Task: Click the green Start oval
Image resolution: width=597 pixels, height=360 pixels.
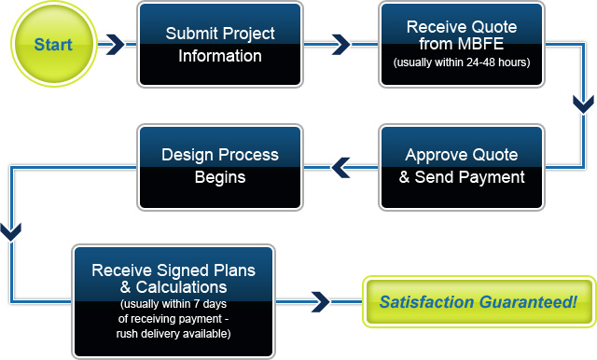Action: click(54, 44)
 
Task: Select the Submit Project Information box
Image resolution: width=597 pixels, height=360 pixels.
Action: click(220, 44)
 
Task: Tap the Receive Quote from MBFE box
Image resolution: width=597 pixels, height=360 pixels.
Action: click(462, 44)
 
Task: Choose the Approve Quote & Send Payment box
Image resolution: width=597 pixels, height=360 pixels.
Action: click(462, 166)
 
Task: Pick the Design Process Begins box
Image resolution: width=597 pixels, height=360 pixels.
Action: click(220, 166)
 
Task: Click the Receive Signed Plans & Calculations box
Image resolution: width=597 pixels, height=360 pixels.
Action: click(174, 298)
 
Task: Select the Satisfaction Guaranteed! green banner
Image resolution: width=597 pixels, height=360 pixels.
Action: click(478, 302)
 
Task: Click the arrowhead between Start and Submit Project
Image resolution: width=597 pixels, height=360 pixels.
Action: click(114, 44)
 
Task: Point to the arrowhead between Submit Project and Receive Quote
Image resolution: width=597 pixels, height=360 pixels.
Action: click(341, 44)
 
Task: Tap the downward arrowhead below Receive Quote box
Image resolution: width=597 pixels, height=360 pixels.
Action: click(582, 102)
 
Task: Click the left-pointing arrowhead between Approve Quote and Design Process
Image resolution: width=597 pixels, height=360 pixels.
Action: click(341, 167)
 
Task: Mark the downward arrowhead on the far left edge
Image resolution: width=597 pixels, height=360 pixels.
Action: click(10, 228)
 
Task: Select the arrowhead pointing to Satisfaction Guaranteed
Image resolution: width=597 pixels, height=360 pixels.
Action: click(320, 301)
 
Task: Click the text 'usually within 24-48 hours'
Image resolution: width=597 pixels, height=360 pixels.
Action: click(462, 63)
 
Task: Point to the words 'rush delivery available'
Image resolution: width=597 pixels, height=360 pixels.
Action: click(174, 333)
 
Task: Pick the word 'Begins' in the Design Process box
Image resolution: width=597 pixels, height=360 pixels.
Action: click(220, 177)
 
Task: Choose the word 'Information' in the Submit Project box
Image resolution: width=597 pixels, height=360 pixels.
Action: click(220, 55)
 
